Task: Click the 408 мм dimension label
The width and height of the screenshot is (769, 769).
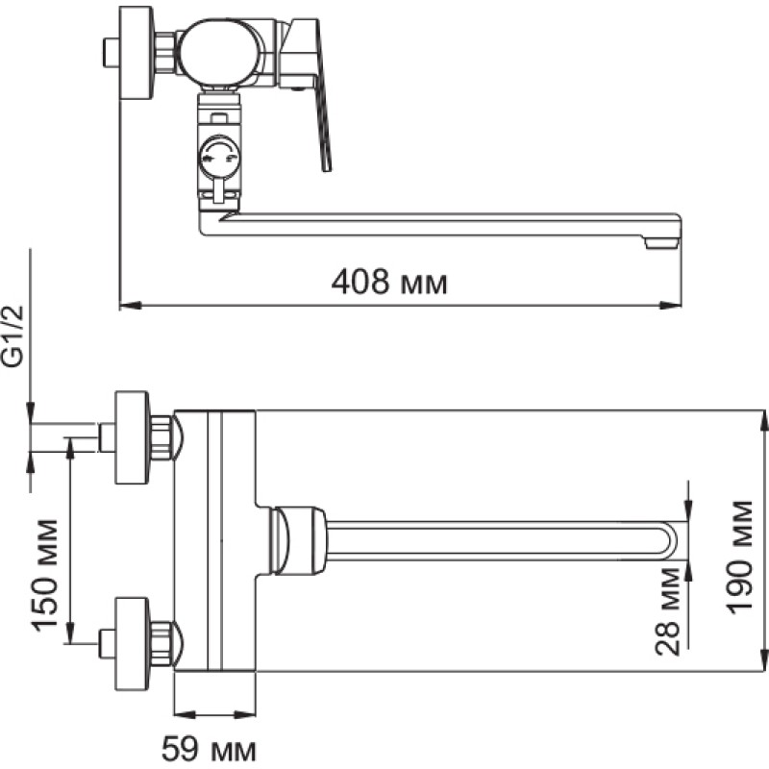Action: (x=389, y=283)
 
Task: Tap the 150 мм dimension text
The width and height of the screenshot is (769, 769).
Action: (x=45, y=574)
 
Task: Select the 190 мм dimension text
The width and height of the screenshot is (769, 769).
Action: (x=740, y=557)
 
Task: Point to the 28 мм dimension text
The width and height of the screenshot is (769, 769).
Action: (x=668, y=611)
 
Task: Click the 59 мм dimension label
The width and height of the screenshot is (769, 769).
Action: (x=209, y=749)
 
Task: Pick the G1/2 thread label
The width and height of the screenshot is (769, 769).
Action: (x=13, y=335)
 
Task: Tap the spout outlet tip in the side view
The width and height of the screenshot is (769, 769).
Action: (x=662, y=243)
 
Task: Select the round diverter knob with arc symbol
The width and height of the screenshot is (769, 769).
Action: (x=219, y=157)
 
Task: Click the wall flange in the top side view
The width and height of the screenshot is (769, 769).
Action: (x=136, y=53)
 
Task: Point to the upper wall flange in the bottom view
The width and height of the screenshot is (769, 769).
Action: (x=132, y=437)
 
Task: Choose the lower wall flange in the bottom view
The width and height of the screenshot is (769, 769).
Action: (x=132, y=644)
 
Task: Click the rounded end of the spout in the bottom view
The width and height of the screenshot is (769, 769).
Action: (x=669, y=542)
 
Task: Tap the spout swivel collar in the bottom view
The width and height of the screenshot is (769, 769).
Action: (x=298, y=541)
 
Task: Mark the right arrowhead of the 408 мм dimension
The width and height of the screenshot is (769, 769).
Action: (x=671, y=306)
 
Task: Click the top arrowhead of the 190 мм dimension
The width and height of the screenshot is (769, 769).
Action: (x=764, y=420)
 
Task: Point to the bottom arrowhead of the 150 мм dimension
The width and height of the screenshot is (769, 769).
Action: (x=70, y=633)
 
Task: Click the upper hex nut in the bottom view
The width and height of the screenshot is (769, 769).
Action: (x=161, y=437)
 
